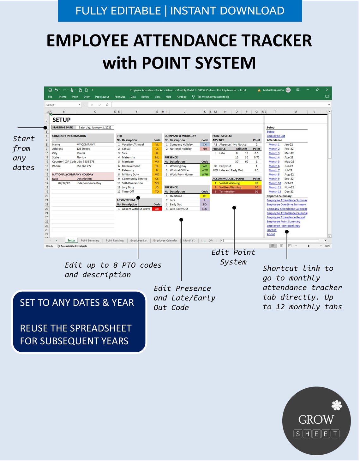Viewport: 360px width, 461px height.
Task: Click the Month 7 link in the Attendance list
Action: click(x=274, y=170)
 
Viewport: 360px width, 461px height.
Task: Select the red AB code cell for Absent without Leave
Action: click(x=157, y=209)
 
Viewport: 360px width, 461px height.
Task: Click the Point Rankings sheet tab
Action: click(x=115, y=241)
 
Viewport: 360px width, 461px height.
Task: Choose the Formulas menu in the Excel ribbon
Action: click(x=120, y=97)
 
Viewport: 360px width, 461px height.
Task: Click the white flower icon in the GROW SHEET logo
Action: click(x=337, y=405)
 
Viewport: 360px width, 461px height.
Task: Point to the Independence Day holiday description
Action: click(x=89, y=183)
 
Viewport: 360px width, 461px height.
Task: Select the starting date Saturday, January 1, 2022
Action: click(x=95, y=128)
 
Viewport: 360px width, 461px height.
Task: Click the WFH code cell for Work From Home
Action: click(x=205, y=174)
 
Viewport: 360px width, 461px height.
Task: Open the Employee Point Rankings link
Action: click(x=283, y=226)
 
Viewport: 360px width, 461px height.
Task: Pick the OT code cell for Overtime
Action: click(x=205, y=196)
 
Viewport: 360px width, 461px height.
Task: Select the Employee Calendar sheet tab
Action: click(x=165, y=241)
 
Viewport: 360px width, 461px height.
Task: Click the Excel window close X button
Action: click(x=327, y=90)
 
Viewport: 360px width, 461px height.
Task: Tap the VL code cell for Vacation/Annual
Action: click(x=157, y=145)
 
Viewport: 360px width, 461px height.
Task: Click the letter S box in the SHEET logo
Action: click(x=298, y=434)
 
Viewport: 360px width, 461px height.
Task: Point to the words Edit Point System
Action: click(x=233, y=257)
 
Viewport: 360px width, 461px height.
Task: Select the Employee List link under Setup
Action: click(x=276, y=136)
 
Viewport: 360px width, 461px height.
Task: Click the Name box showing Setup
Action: click(x=62, y=105)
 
